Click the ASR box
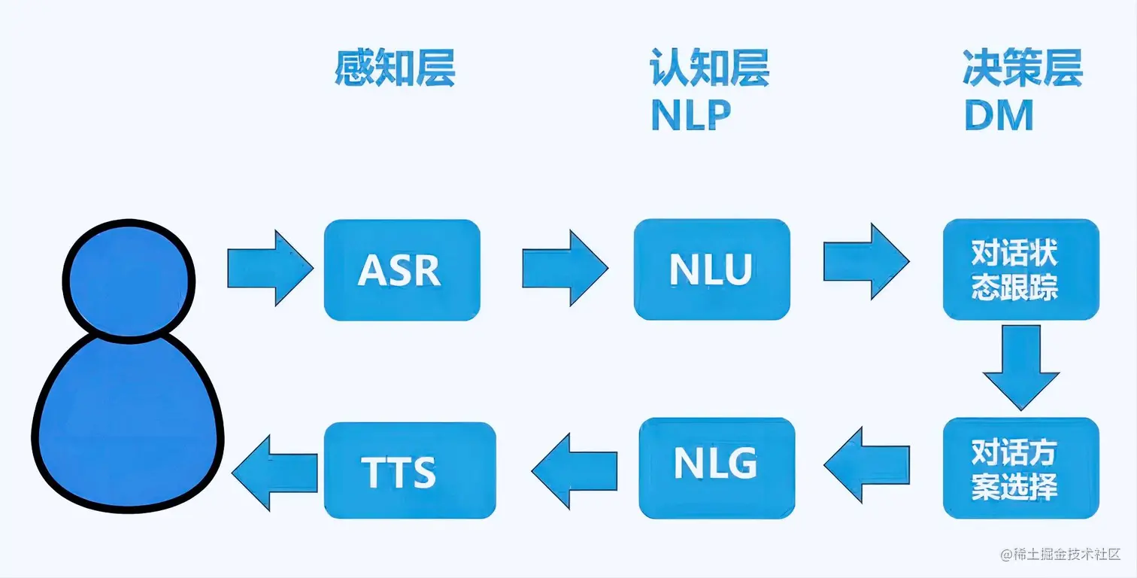pyautogui.click(x=402, y=270)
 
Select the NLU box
pyautogui.click(x=711, y=269)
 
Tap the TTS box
pyautogui.click(x=409, y=470)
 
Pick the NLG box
pyautogui.click(x=716, y=467)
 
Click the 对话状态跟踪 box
pyautogui.click(x=1020, y=269)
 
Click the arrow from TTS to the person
pyautogui.click(x=274, y=472)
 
